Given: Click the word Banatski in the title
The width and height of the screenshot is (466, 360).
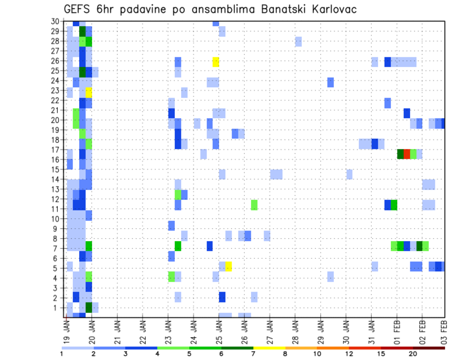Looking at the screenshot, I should coord(283,9).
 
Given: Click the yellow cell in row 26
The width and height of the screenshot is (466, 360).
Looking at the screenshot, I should coord(216,62).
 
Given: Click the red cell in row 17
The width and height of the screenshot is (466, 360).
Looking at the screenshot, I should coord(407,154).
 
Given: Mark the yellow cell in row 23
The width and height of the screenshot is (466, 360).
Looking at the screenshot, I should coord(89,92).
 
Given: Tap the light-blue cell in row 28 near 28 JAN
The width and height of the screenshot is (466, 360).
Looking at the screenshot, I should coord(298,41).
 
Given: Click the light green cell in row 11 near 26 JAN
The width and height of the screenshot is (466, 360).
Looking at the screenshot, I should coord(254,205).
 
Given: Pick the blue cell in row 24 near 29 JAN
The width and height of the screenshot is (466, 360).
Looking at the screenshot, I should coord(330,82).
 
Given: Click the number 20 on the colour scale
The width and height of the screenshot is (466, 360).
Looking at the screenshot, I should coord(413,354).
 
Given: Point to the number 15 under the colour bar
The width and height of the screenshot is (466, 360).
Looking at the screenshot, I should coord(381,354).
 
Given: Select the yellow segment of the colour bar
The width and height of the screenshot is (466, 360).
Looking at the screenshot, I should coord(269,348).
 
